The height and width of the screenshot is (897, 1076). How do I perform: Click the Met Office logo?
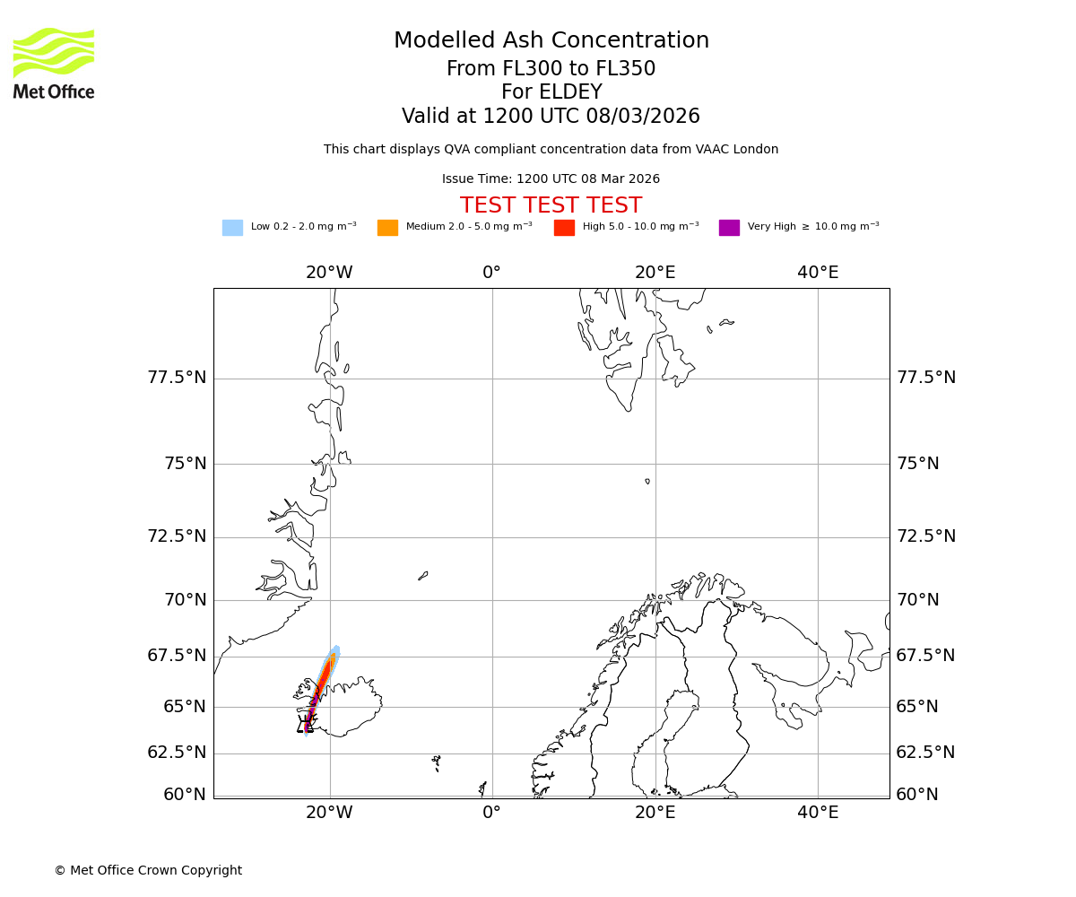click(54, 63)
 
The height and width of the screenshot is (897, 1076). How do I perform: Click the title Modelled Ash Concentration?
click(551, 41)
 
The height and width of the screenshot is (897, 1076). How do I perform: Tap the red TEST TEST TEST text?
click(551, 205)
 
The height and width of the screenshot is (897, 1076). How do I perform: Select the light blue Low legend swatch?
click(232, 228)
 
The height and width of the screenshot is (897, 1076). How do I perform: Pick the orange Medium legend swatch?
click(387, 228)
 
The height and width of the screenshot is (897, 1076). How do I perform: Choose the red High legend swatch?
click(564, 228)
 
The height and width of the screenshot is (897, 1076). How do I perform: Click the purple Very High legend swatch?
click(729, 228)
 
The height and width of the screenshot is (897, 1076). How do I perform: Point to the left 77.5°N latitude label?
click(177, 378)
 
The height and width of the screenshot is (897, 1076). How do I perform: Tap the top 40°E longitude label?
click(818, 273)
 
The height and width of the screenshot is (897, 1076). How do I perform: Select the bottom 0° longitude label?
click(491, 813)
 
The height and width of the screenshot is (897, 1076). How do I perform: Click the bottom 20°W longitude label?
click(329, 813)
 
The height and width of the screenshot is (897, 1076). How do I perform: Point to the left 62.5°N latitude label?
click(177, 753)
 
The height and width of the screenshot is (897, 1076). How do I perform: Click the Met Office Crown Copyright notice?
click(148, 871)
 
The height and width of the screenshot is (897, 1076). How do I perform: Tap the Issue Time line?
click(551, 179)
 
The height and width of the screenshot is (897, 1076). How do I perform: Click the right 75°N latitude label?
click(918, 464)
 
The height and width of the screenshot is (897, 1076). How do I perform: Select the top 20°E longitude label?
click(655, 273)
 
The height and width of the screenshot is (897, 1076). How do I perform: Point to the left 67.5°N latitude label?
click(177, 656)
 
